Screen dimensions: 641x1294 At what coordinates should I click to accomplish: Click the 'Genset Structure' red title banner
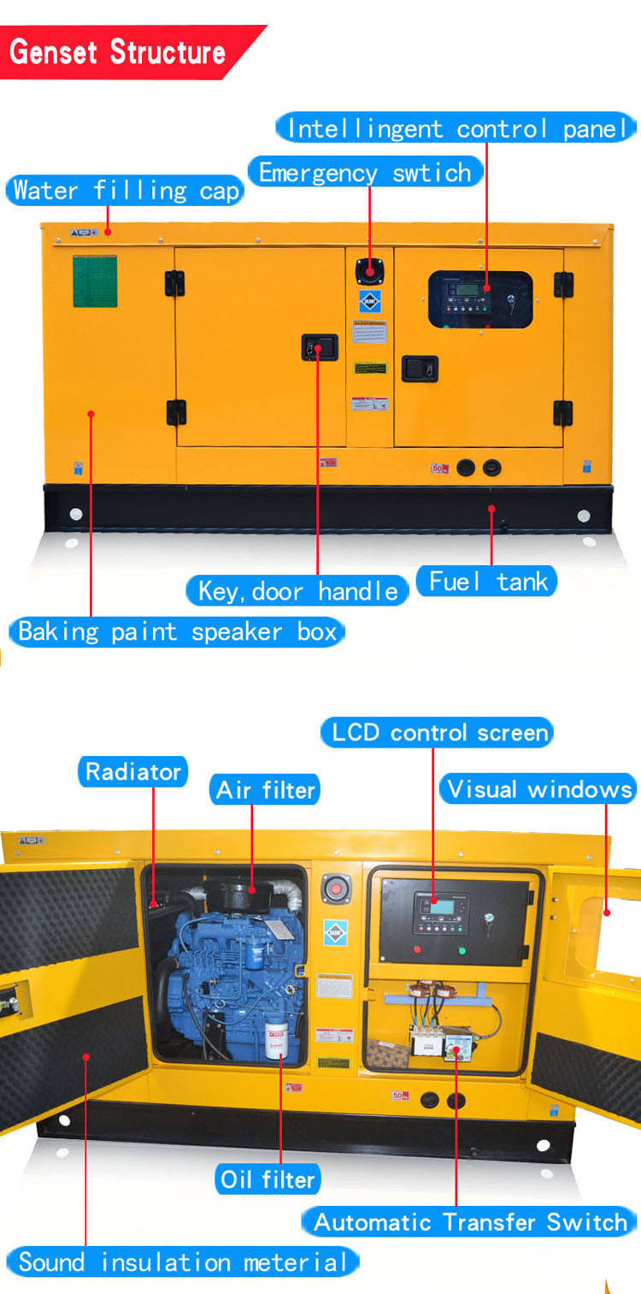(x=120, y=52)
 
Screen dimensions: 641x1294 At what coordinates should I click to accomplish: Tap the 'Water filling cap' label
(x=126, y=190)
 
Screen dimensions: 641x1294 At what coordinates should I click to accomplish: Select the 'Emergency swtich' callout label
(x=365, y=173)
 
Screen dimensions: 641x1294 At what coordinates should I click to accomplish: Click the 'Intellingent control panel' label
(x=457, y=129)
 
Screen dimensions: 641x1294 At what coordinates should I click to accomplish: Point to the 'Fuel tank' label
(x=487, y=582)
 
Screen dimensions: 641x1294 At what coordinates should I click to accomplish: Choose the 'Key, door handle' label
(x=297, y=590)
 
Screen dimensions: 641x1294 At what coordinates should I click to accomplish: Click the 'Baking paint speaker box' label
(x=177, y=632)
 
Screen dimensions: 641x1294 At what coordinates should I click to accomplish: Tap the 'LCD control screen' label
(x=438, y=733)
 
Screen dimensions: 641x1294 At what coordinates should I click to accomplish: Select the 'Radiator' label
(x=133, y=771)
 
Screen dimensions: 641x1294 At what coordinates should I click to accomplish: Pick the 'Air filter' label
(x=265, y=789)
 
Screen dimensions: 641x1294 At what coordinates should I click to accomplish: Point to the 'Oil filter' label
(x=267, y=1179)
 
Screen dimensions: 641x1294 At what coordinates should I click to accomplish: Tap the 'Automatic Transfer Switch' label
(x=469, y=1221)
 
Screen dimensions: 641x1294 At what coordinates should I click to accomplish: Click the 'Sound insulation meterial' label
(x=183, y=1262)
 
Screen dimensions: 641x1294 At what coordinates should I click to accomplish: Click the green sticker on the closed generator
(x=95, y=281)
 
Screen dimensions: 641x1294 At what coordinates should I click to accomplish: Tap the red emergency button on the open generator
(x=336, y=889)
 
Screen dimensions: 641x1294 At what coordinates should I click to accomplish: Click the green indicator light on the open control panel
(x=462, y=950)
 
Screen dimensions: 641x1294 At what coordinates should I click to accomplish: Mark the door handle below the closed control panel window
(x=420, y=369)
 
